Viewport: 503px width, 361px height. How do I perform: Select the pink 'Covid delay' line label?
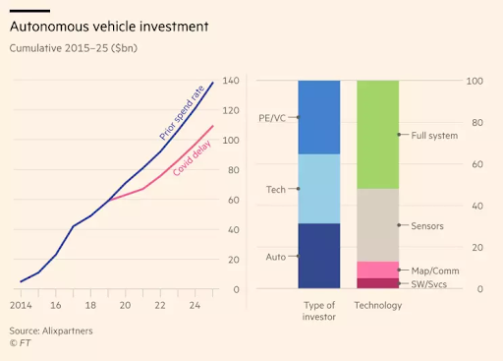point(195,156)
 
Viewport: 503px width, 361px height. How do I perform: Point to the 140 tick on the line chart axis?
point(232,80)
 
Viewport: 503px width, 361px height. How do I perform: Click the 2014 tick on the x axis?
point(21,305)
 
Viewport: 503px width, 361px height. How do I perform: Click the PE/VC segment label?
point(271,117)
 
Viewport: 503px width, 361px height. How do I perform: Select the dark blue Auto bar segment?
point(318,256)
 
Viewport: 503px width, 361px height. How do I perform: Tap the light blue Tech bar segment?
point(318,189)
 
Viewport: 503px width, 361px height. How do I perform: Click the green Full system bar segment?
point(377,135)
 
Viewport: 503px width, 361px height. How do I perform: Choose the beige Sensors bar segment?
point(377,225)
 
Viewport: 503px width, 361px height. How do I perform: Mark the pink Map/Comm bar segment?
point(377,270)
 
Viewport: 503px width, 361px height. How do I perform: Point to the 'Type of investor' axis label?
point(318,311)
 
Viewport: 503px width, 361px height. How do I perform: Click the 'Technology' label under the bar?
point(377,305)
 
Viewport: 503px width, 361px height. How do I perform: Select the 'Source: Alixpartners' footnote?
point(51,331)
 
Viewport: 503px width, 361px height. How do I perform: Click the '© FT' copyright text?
point(21,344)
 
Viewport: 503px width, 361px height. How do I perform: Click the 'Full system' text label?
point(434,135)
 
